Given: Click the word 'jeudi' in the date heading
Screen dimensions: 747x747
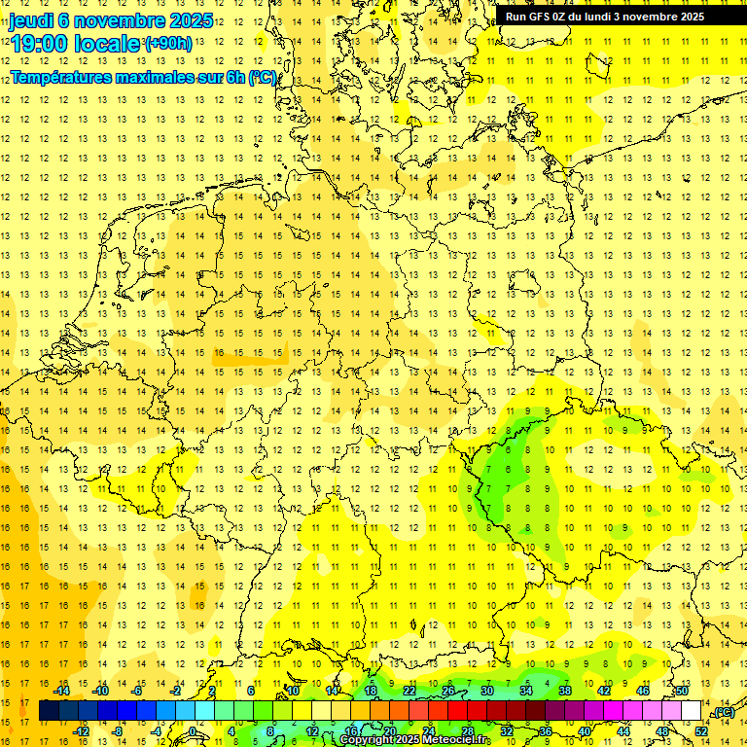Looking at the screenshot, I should tap(32, 20).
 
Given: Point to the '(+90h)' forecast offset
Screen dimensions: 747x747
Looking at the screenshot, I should tap(168, 44).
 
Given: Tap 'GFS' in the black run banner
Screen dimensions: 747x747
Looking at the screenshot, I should tap(541, 17).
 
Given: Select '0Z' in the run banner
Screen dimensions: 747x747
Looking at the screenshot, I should tap(562, 17).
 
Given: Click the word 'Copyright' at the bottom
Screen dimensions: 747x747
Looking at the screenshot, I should tap(365, 740).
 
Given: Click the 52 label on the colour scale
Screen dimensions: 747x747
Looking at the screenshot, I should tap(701, 731).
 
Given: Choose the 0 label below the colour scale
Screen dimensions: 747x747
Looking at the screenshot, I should tap(194, 731).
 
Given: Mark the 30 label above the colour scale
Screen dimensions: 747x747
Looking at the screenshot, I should tap(487, 691).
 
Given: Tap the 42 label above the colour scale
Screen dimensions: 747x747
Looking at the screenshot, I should tap(604, 691).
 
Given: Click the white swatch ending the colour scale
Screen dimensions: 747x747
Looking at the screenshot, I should tap(692, 711).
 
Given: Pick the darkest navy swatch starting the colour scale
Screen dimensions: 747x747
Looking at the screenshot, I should tap(49, 711).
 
